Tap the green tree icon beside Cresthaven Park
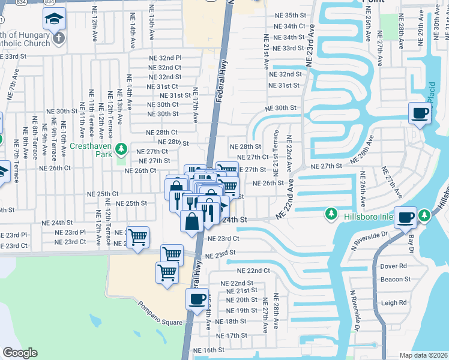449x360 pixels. [122, 148]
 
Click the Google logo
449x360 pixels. [20, 353]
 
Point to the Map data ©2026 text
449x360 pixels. [423, 355]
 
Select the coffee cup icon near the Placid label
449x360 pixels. [420, 112]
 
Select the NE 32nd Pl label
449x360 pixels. [165, 58]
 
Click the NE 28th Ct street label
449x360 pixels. [162, 132]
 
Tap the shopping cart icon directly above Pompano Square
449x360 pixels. [167, 273]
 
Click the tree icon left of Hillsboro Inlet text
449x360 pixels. [330, 214]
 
